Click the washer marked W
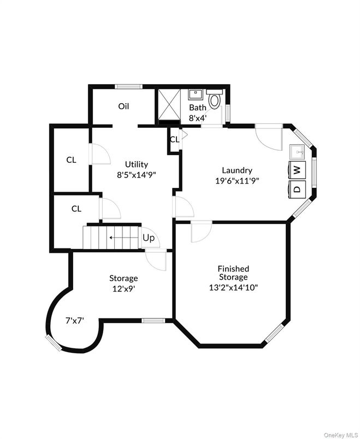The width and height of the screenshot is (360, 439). click(297, 169)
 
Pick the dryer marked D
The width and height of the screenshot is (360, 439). click(297, 189)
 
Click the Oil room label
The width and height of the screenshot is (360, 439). click(123, 106)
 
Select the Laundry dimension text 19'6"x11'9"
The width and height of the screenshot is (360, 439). click(237, 181)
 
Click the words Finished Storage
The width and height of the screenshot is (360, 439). click(233, 273)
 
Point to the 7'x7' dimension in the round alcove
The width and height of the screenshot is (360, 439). click(74, 322)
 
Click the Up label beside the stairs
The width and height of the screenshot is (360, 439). click(149, 238)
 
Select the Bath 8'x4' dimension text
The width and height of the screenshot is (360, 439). click(197, 117)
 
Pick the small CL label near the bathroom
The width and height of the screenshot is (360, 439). click(174, 139)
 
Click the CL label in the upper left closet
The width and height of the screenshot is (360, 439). click(71, 160)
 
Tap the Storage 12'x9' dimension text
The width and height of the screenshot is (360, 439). click(123, 289)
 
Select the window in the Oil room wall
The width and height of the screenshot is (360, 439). click(129, 86)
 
